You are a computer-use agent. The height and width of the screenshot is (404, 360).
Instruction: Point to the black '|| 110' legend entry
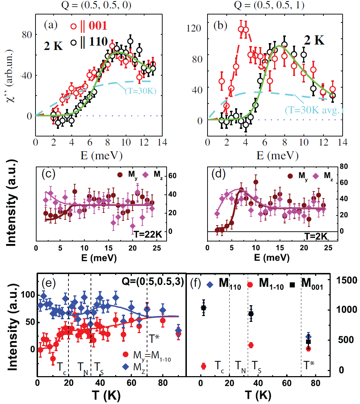click(x=89, y=42)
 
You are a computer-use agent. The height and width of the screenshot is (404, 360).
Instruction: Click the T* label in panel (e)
click(x=154, y=338)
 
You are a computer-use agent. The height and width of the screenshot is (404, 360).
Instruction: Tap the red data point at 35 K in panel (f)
click(x=251, y=345)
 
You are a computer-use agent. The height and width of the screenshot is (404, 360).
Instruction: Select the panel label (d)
click(x=218, y=174)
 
